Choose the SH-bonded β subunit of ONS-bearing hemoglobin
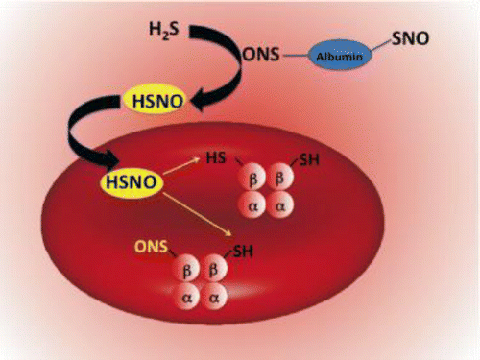[216, 270]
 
